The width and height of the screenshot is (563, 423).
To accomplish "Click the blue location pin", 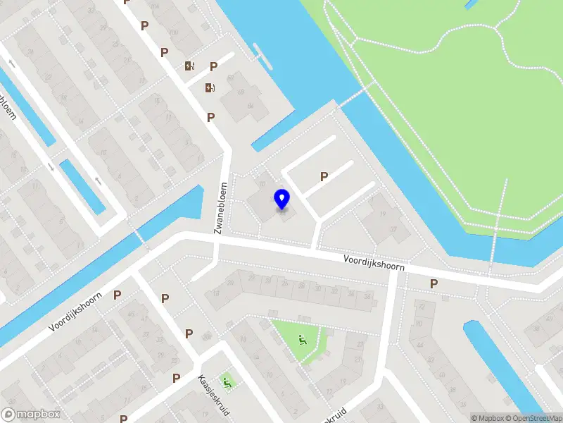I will (x=281, y=199).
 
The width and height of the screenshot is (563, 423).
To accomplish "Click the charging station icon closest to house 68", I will (x=210, y=88).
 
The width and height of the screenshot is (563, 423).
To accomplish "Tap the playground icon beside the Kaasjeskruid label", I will (x=227, y=383).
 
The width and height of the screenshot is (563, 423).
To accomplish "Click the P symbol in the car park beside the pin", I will (x=324, y=177).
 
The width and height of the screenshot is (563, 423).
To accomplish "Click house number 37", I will (x=384, y=229).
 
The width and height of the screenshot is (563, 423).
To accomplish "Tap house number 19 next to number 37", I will (x=383, y=214).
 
